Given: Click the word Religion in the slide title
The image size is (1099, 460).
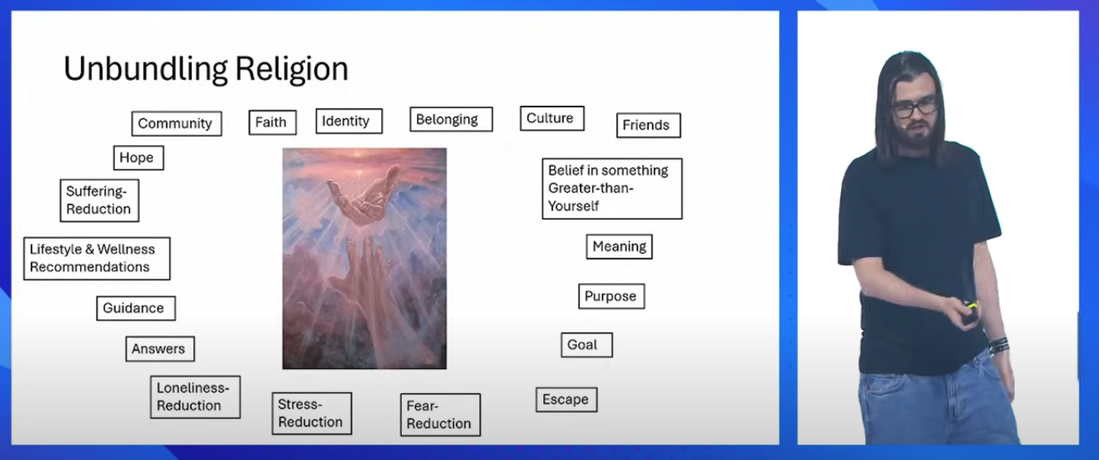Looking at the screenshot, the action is [x=291, y=69].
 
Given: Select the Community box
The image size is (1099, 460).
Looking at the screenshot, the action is [x=177, y=123].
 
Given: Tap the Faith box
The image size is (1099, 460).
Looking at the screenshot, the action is [x=272, y=122].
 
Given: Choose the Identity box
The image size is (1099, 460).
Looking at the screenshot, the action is [x=349, y=121].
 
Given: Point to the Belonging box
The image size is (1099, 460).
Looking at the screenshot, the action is [x=451, y=120].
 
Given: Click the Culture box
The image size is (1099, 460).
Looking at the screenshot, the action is [x=552, y=119].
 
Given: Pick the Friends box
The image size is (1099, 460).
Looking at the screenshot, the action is [x=648, y=126].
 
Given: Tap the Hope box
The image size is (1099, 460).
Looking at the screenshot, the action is [x=138, y=158].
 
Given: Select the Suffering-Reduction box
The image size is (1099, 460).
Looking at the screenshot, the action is [x=99, y=201].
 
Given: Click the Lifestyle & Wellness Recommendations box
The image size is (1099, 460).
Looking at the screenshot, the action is [x=97, y=258].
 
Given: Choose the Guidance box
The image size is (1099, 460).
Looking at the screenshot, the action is [x=136, y=308].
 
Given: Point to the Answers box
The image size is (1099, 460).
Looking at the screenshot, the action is [x=160, y=349].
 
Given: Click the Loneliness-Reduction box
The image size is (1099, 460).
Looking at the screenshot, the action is [x=195, y=396].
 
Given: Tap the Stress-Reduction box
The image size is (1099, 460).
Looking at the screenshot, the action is [x=312, y=414].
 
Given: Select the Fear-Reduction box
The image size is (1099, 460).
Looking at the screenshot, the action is [x=441, y=415].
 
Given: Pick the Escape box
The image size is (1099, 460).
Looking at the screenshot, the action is [x=566, y=400].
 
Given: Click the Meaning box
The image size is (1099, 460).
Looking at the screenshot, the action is [x=619, y=246].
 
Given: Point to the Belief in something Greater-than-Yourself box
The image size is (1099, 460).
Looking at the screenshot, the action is [x=612, y=188].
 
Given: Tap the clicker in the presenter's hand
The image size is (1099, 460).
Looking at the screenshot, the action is [x=969, y=314].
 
